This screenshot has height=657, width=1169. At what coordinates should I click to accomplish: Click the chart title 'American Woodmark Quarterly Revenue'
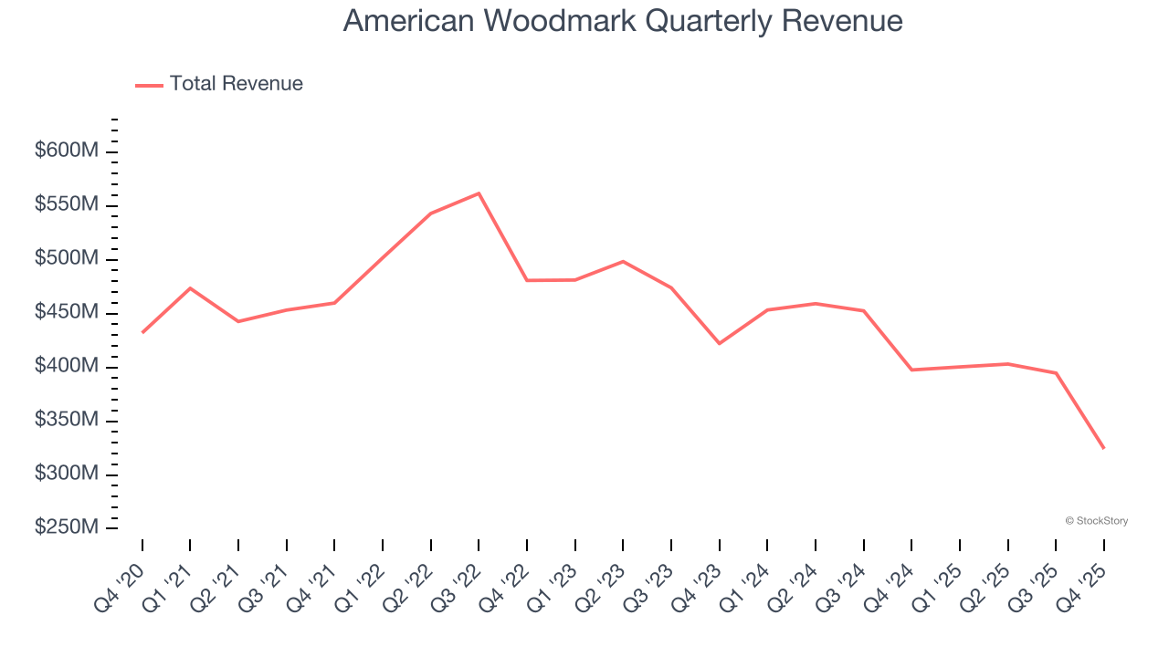(623, 21)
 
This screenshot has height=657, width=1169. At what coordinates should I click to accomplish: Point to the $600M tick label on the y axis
(67, 151)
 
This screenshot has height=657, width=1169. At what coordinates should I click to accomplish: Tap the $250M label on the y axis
(67, 528)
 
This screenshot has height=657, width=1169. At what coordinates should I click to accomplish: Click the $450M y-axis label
(67, 313)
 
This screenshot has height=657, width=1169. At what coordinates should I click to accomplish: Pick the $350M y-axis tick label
(67, 421)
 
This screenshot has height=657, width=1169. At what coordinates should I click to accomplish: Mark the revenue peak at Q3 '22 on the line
(479, 193)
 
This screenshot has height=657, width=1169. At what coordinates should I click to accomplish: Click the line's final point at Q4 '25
(1103, 448)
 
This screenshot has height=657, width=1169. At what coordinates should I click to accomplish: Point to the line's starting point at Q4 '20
(142, 333)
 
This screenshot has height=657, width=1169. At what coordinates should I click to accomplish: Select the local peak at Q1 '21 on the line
(190, 288)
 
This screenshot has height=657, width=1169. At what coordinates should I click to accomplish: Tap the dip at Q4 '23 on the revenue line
(720, 343)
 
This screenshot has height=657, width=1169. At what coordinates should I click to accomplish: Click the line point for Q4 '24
(911, 370)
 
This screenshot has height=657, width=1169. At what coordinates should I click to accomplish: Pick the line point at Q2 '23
(623, 262)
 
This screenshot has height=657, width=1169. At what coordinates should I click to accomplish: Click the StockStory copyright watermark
(1096, 521)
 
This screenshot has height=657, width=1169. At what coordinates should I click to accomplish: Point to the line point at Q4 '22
(527, 280)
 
